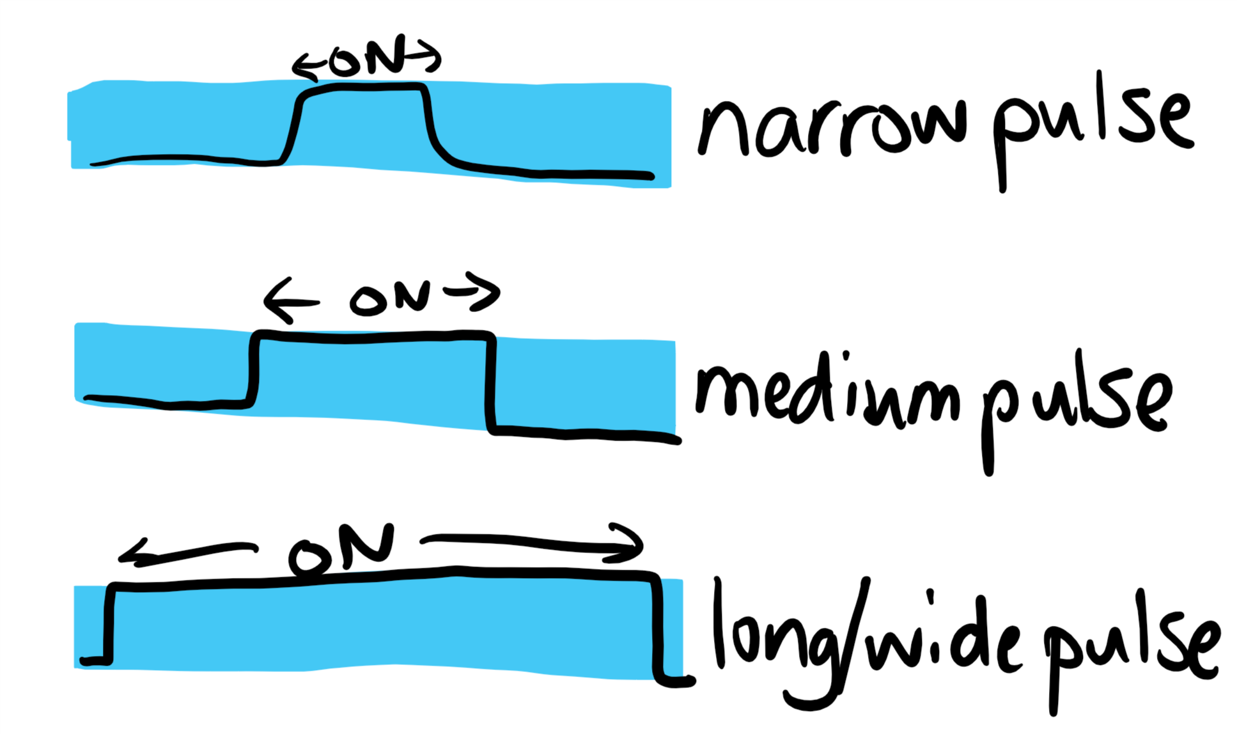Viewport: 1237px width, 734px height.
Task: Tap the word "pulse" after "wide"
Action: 1132,646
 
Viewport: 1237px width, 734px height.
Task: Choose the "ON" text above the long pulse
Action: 342,550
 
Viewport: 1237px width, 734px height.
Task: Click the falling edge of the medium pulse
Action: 490,384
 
